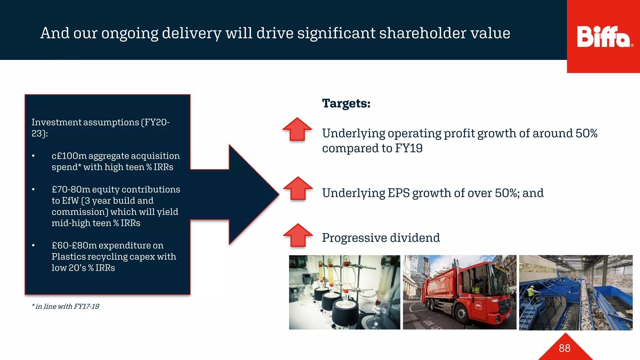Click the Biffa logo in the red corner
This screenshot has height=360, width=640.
[603, 37]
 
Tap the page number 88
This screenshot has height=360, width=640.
[564, 348]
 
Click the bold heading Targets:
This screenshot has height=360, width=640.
[346, 103]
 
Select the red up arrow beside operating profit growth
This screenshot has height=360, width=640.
[297, 129]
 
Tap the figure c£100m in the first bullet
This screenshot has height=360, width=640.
[69, 156]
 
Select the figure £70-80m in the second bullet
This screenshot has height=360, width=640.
[71, 190]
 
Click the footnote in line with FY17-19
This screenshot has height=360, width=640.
[65, 307]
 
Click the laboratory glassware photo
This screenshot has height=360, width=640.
[344, 292]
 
